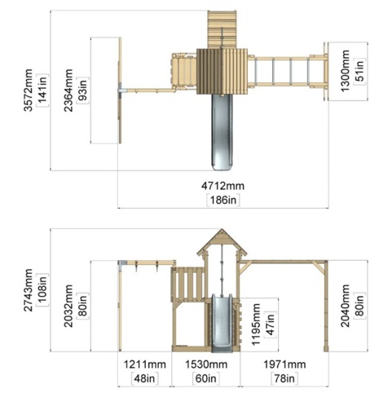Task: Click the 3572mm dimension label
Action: [28, 91]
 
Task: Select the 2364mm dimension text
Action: [68, 91]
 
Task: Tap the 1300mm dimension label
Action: [345, 71]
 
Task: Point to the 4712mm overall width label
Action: [222, 186]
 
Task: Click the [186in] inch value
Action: [223, 200]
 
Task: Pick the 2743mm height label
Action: [28, 290]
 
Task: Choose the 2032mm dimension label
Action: [68, 306]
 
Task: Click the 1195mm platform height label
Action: [256, 325]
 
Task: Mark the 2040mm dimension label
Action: [345, 306]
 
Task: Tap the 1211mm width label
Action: [144, 364]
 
